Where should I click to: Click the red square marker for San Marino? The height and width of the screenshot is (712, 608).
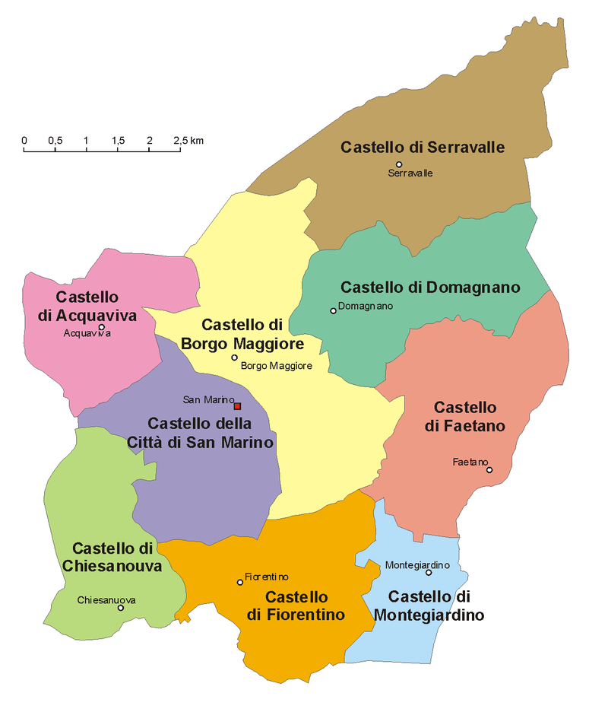pyautogui.click(x=237, y=406)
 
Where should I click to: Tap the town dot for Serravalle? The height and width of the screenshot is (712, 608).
pyautogui.click(x=399, y=164)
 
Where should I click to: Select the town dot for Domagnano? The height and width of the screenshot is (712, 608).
pyautogui.click(x=332, y=310)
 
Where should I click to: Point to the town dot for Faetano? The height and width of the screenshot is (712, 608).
pyautogui.click(x=489, y=470)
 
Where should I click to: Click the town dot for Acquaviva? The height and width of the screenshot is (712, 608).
pyautogui.click(x=101, y=327)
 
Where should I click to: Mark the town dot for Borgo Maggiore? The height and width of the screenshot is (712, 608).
pyautogui.click(x=234, y=358)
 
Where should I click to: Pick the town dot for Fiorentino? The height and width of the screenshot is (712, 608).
pyautogui.click(x=240, y=582)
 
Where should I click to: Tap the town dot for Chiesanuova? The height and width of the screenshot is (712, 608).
pyautogui.click(x=120, y=608)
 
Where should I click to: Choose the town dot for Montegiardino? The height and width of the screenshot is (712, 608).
pyautogui.click(x=428, y=572)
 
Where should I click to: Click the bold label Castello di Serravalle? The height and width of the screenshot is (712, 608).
pyautogui.click(x=423, y=146)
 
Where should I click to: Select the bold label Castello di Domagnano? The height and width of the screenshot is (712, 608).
pyautogui.click(x=430, y=287)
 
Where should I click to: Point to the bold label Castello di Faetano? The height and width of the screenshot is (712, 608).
pyautogui.click(x=464, y=417)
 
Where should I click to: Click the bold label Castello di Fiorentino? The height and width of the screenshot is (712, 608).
pyautogui.click(x=296, y=606)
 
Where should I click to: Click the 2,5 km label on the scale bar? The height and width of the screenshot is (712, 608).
pyautogui.click(x=188, y=141)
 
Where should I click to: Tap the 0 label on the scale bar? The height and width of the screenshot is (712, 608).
pyautogui.click(x=24, y=141)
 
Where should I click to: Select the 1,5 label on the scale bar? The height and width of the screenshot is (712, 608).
pyautogui.click(x=118, y=141)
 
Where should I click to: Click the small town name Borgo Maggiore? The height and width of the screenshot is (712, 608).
pyautogui.click(x=276, y=367)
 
